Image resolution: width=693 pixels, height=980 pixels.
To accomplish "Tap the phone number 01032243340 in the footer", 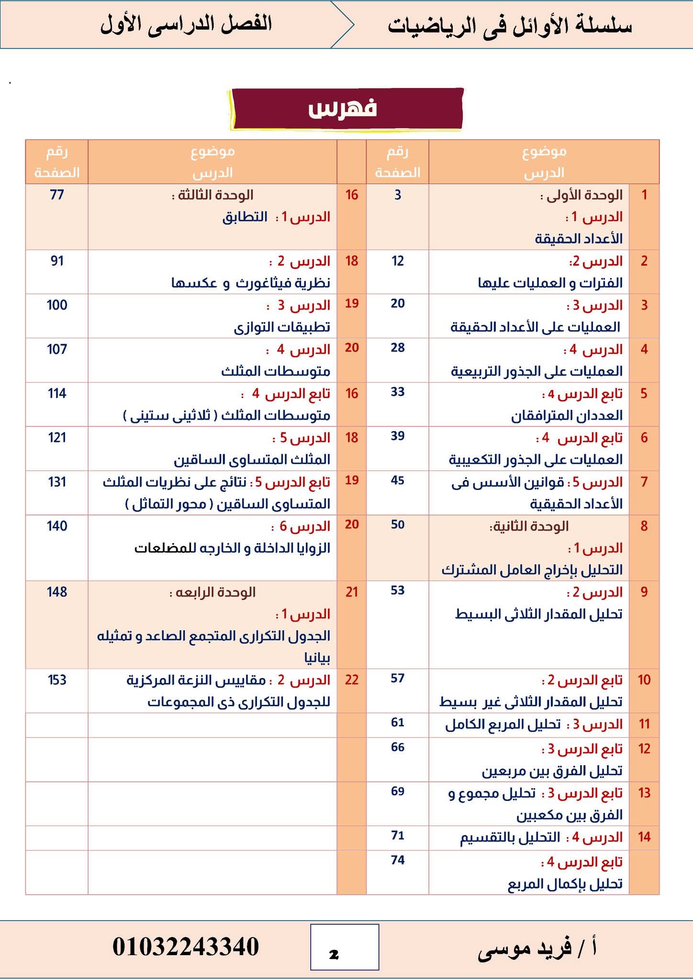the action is point(186,947).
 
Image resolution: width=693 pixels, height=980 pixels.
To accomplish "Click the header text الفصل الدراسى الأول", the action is point(186,24).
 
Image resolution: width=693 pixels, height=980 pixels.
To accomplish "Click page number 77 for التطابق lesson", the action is point(56,195).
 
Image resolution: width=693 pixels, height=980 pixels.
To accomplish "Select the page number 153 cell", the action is point(56,679).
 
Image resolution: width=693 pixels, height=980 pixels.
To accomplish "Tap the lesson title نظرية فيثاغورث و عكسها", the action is point(251,283).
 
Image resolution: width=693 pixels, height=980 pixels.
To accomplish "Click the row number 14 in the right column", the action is point(644,836).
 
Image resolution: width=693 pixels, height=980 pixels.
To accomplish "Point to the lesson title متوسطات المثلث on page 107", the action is point(276,371).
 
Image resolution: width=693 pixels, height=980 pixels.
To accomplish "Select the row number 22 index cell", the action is point(352,679).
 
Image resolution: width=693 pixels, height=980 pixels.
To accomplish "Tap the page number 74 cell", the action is point(397,860).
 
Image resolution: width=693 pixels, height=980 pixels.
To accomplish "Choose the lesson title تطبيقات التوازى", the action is point(282,327).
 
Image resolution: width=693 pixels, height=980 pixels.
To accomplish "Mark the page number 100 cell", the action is point(56,305).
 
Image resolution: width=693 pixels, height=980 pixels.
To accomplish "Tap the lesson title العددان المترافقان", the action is point(567,415).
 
